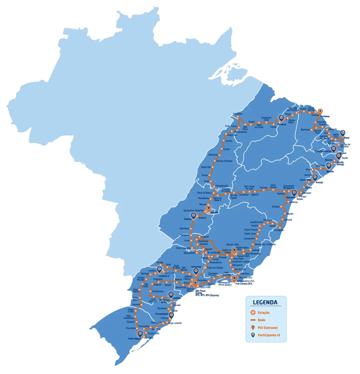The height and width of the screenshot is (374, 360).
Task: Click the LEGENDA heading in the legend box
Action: tap(265, 302)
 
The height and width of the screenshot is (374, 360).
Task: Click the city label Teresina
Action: tap(282, 124)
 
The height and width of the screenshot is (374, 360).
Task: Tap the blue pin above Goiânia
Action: tap(194, 215)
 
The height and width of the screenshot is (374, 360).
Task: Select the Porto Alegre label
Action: tap(135, 339)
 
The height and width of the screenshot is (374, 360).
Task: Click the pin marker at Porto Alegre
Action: tap(140, 333)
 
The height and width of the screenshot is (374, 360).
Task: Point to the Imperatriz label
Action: tap(238, 114)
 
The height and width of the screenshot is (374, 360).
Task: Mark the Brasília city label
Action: tap(214, 212)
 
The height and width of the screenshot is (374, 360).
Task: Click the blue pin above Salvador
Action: tap(294, 192)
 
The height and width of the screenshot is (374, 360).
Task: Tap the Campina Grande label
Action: tap(322, 150)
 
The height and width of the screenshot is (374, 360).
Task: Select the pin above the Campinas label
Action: tap(196, 271)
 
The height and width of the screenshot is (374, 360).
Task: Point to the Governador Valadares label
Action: tap(265, 244)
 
